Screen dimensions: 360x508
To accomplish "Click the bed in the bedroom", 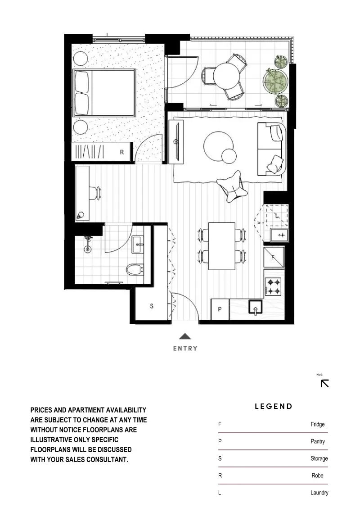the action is [x=103, y=93].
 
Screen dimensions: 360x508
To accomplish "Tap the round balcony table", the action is [x=227, y=76].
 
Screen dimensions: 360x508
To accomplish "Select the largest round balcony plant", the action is [x=275, y=81].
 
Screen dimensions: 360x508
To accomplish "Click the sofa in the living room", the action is [x=272, y=149].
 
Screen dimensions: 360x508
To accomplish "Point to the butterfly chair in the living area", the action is [x=233, y=187].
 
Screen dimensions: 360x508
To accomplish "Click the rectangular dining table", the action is [x=222, y=246].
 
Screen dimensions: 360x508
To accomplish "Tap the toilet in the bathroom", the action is [x=135, y=269].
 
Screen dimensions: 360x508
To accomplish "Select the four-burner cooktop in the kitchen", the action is [x=273, y=286].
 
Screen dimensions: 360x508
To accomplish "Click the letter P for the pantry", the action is [x=220, y=309].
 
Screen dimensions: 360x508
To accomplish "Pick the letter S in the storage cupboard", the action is [x=152, y=306].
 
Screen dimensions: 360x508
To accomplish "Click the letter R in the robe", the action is [x=122, y=152].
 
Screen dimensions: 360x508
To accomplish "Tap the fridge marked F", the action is [x=274, y=257].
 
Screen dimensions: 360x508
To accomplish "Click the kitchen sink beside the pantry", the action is [x=256, y=307].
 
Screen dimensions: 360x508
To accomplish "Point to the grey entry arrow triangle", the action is [x=185, y=336].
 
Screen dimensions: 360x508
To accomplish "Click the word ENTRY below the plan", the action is [x=185, y=349].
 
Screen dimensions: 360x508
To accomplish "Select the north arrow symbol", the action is [x=325, y=384].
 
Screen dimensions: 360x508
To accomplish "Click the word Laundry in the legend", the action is [x=319, y=493].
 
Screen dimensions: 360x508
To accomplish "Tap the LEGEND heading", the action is [x=274, y=406].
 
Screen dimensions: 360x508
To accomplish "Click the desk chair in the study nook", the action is [x=96, y=193].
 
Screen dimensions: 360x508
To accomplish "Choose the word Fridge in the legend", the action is [x=318, y=424].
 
